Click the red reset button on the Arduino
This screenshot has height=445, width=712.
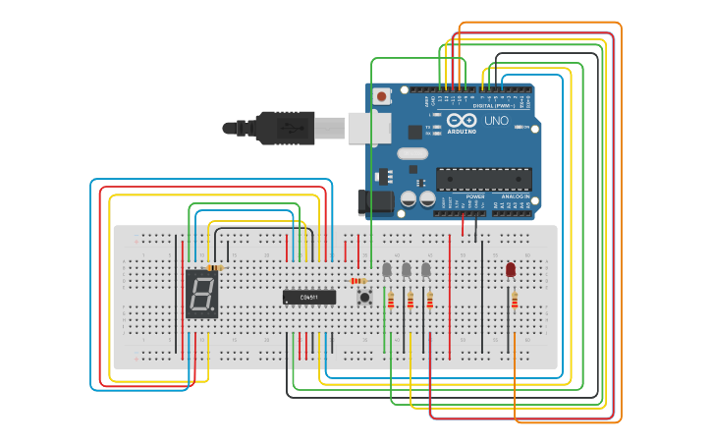coord(381,96)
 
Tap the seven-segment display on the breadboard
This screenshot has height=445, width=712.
coord(201,294)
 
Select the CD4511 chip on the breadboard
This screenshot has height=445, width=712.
coord(309,297)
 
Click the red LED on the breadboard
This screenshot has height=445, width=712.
coord(511,268)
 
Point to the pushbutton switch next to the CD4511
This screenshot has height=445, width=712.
coord(365,297)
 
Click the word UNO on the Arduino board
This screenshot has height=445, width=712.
coord(497,121)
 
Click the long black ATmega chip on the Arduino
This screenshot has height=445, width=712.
coord(484,179)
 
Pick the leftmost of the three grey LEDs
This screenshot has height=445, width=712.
coord(387,269)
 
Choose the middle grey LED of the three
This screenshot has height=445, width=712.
coord(407,269)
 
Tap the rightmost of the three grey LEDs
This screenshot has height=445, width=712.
coord(425,269)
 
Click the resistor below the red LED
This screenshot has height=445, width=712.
coord(514,300)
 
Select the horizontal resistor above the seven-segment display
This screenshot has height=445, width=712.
coord(215,267)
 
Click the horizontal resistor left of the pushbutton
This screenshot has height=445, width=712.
coord(358,281)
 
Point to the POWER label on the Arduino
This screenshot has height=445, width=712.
coord(475,196)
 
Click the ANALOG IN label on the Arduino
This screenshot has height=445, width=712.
coord(516,196)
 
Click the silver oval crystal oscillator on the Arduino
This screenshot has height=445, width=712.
coord(413,153)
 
